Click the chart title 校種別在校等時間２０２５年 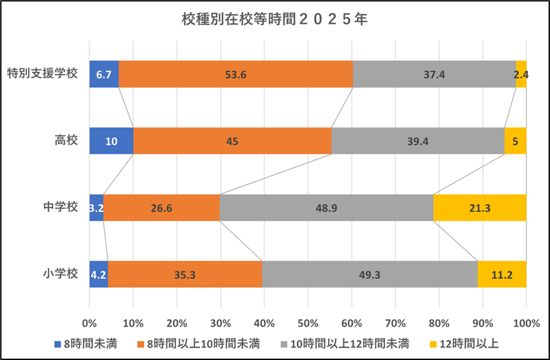tap(274, 19)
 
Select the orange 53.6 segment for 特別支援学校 tap(236, 74)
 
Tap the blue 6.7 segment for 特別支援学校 tap(104, 74)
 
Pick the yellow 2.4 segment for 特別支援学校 tap(521, 74)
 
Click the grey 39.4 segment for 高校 tap(417, 141)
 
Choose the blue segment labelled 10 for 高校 tap(111, 141)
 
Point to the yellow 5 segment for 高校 tap(515, 141)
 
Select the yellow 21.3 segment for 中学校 tap(479, 207)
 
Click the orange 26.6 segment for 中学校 tap(161, 207)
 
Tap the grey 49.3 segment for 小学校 tap(369, 274)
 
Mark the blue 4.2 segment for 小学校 tap(99, 274)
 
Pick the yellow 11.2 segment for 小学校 tap(502, 274)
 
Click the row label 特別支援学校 tap(42, 74)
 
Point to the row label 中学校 tap(61, 207)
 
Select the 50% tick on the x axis tap(308, 323)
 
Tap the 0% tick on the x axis tap(89, 323)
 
